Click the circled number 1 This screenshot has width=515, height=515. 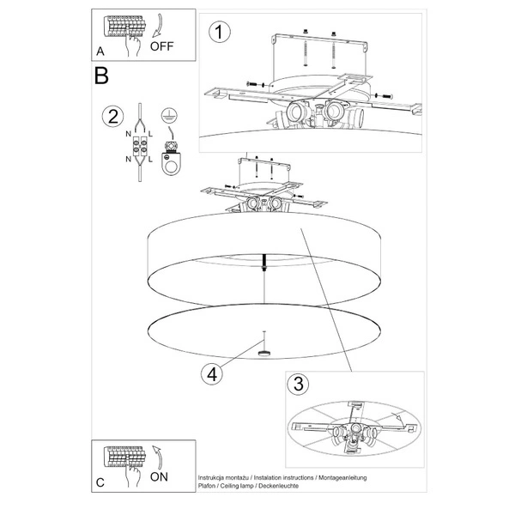coord(220,33)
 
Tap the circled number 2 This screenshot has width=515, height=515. coord(113,117)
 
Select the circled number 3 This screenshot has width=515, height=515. coord(298,384)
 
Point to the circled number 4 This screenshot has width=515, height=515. coord(212,374)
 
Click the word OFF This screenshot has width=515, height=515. coord(161,46)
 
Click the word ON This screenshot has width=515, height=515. coord(159,476)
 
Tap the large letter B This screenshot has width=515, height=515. coord(101,76)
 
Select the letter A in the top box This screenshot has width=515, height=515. coord(100,51)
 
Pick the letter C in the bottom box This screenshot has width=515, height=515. coord(100,482)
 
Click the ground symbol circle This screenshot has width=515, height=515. coord(169,116)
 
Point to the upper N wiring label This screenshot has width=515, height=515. coord(129,134)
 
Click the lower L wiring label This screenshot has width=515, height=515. coord(150,160)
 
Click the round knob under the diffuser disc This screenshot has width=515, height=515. coord(264,354)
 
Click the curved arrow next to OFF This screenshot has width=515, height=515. coord(158,25)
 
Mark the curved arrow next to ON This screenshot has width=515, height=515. coord(158,457)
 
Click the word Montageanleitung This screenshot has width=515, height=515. coord(342,477)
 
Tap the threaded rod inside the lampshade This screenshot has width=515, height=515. coord(264,262)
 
